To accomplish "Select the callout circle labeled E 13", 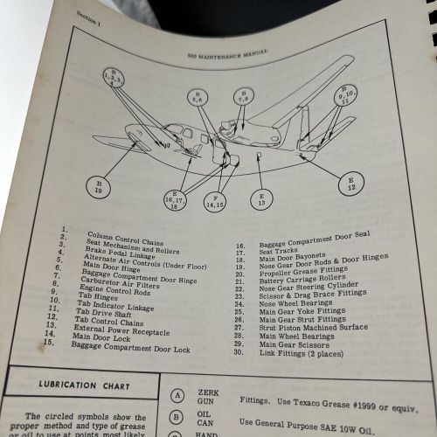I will (262, 199).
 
